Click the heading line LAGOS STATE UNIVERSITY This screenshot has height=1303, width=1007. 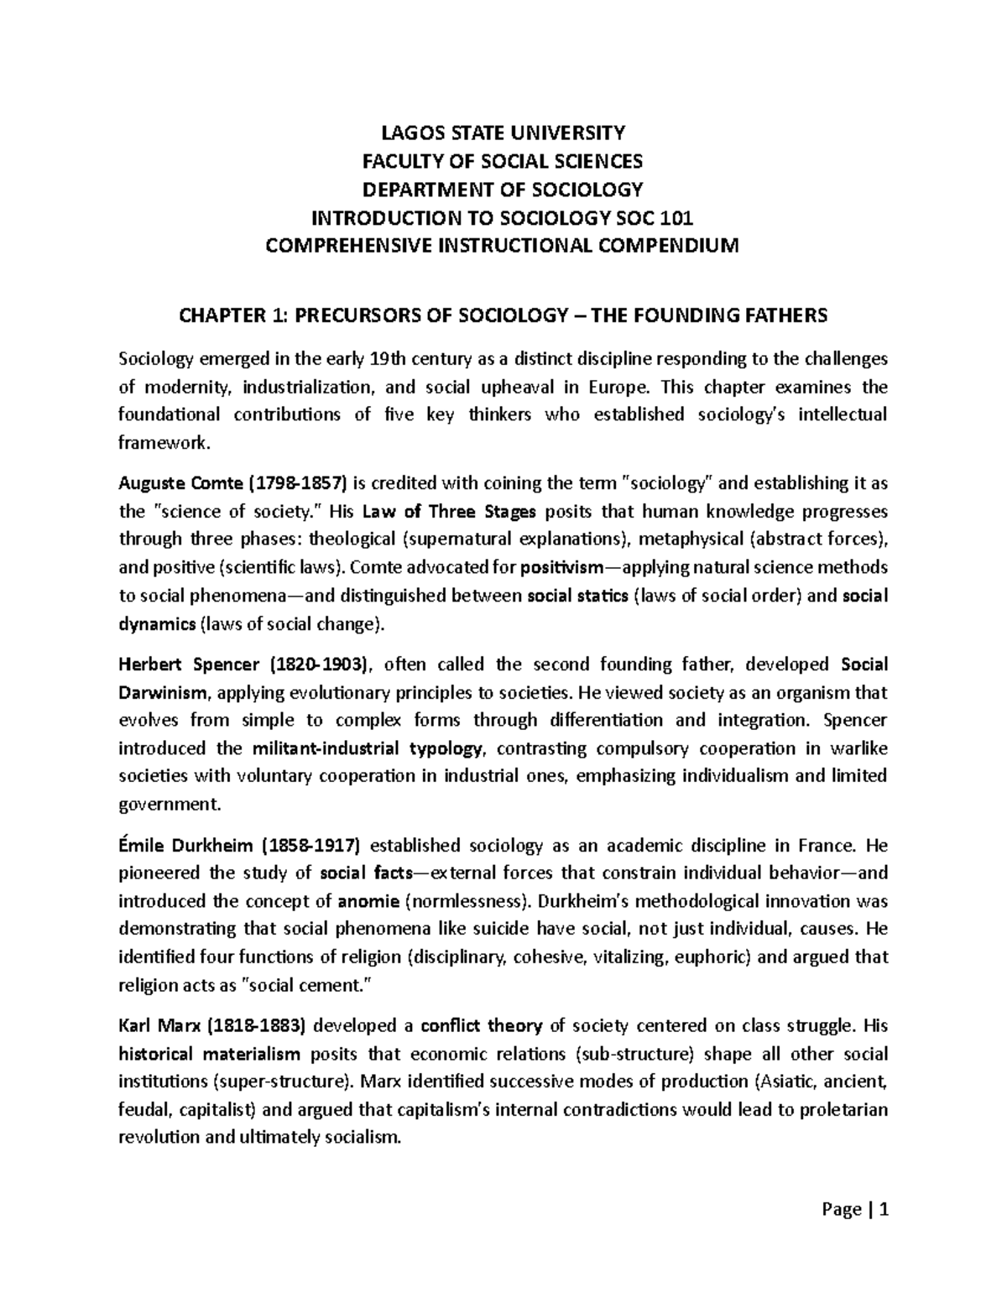pyautogui.click(x=503, y=133)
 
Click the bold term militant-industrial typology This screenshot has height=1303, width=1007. pyautogui.click(x=368, y=748)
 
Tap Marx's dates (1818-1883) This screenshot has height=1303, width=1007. pyautogui.click(x=258, y=1025)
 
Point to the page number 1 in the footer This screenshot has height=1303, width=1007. pyautogui.click(x=883, y=1210)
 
